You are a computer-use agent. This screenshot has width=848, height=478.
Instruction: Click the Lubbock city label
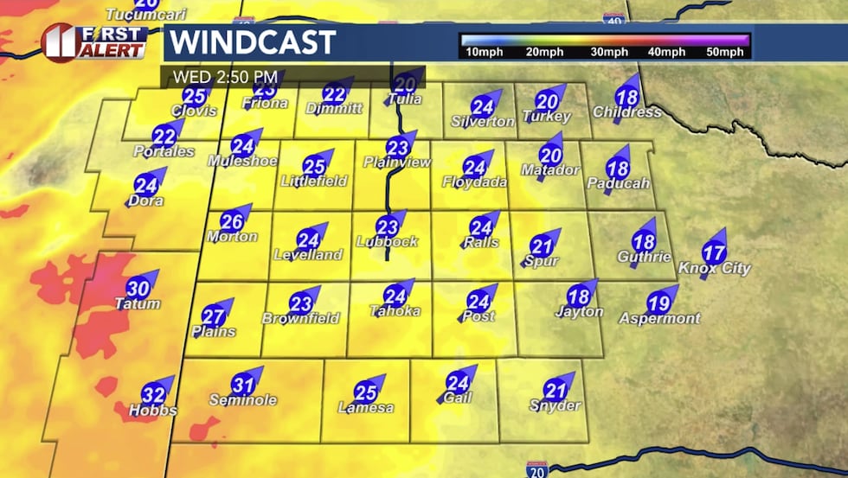(x=388, y=242)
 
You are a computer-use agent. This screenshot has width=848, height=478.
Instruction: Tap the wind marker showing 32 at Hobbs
(x=153, y=390)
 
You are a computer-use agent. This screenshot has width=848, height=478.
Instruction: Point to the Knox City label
(x=714, y=269)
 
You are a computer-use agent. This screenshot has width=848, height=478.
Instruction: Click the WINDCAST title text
(x=251, y=41)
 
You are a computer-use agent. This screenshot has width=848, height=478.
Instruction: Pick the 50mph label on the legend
(x=724, y=53)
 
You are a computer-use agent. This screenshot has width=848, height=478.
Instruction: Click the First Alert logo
(x=93, y=41)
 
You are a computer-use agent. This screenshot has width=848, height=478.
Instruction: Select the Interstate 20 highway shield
(x=536, y=469)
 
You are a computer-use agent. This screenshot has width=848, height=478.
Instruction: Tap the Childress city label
(x=627, y=112)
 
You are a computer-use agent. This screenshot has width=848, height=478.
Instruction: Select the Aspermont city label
(x=660, y=319)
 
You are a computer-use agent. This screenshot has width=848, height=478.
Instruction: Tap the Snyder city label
(x=555, y=405)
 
